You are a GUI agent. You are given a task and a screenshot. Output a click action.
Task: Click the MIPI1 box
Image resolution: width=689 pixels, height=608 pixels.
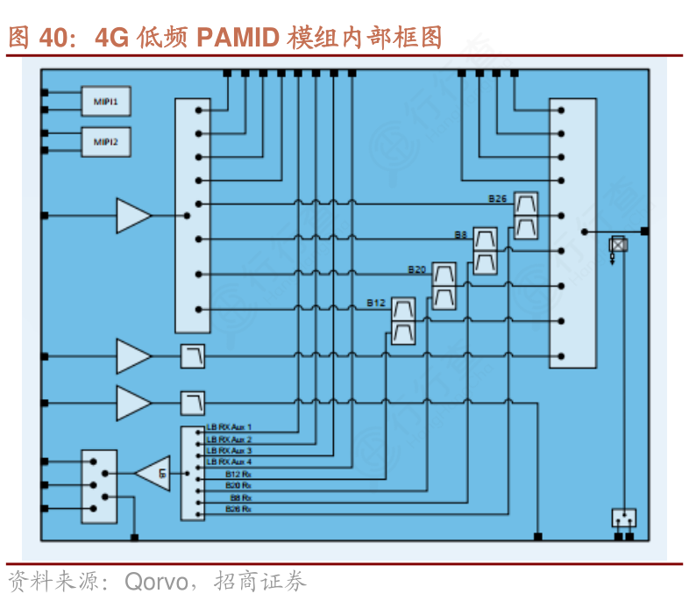click(x=106, y=102)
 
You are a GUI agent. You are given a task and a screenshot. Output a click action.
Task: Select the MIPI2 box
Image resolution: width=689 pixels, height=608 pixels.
click(x=106, y=141)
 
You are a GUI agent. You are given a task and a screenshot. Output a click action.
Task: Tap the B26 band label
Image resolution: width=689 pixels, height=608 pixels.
click(x=498, y=199)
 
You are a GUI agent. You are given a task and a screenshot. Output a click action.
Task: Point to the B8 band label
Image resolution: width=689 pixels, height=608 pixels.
click(x=460, y=235)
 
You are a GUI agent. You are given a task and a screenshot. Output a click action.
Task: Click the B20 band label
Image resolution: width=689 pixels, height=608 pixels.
click(x=416, y=269)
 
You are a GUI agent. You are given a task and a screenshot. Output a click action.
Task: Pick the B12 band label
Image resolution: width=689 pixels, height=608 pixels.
click(x=376, y=304)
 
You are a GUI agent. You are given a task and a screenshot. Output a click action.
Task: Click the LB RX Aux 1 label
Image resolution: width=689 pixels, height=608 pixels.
click(x=230, y=427)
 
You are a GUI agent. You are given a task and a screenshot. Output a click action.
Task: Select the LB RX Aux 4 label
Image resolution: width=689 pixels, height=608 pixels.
click(x=230, y=461)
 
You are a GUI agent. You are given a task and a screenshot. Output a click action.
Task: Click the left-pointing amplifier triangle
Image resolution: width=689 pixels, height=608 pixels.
click(x=154, y=474)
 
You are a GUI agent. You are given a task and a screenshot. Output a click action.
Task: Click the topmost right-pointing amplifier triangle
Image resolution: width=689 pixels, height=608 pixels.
click(x=133, y=215)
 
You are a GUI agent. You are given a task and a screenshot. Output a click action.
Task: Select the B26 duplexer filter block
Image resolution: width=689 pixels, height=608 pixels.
click(x=525, y=216)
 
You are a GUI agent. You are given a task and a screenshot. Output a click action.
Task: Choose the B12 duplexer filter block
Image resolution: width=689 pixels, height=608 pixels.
click(x=403, y=321)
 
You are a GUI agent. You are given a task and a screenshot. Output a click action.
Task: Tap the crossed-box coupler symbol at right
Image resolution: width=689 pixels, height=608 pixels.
click(x=618, y=245)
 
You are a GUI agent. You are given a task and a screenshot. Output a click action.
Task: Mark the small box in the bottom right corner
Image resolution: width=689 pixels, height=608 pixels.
click(x=623, y=518)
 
